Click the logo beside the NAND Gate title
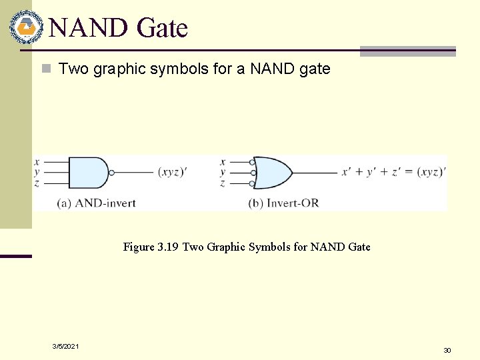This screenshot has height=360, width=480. pyautogui.click(x=25, y=27)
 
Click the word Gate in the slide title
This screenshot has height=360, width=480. pyautogui.click(x=161, y=28)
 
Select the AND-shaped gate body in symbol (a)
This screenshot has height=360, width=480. pyautogui.click(x=87, y=173)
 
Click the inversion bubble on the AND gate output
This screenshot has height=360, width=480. pyautogui.click(x=112, y=173)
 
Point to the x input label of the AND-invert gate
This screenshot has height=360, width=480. pyautogui.click(x=37, y=162)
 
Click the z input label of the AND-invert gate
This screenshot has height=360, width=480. pyautogui.click(x=37, y=183)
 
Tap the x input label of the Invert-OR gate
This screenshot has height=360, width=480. pyautogui.click(x=223, y=162)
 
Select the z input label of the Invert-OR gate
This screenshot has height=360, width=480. pyautogui.click(x=223, y=183)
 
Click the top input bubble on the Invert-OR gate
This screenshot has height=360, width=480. pyautogui.click(x=252, y=162)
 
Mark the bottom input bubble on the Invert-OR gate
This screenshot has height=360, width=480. pyautogui.click(x=252, y=183)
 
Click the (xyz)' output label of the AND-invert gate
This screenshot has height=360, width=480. pyautogui.click(x=172, y=172)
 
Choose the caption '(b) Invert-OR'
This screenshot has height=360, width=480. pyautogui.click(x=283, y=203)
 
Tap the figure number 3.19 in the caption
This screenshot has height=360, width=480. pyautogui.click(x=167, y=247)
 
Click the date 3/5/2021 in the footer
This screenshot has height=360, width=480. pyautogui.click(x=65, y=346)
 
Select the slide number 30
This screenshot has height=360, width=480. pyautogui.click(x=447, y=350)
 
